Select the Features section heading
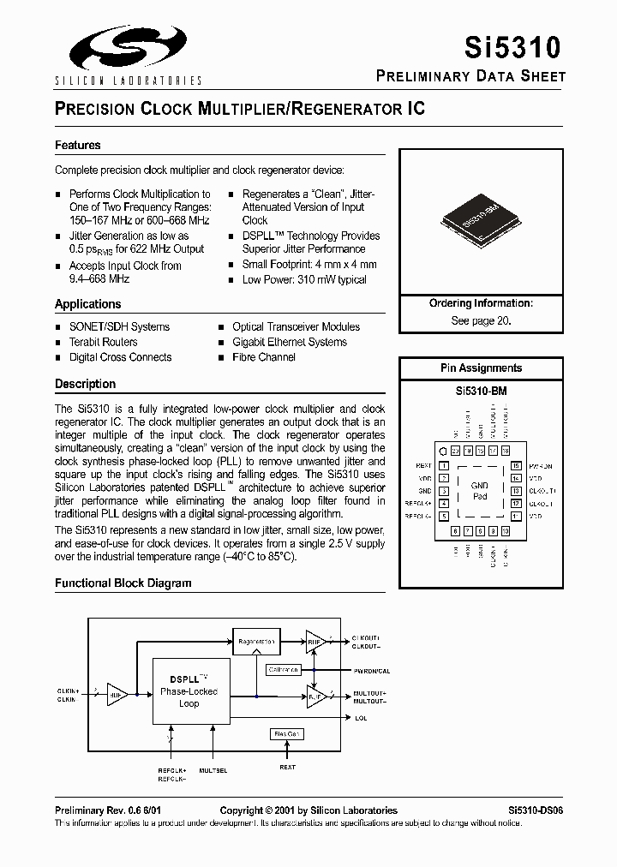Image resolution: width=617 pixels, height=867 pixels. (x=78, y=146)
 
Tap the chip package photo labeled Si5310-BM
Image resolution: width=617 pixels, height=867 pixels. (x=480, y=222)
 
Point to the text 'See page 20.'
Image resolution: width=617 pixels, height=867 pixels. (x=481, y=320)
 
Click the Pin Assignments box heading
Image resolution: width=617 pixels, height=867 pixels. (x=481, y=368)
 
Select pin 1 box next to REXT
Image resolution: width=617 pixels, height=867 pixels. (x=444, y=467)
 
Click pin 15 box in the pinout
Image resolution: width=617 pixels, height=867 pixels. (x=516, y=467)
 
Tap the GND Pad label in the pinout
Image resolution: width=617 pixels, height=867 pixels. (x=480, y=491)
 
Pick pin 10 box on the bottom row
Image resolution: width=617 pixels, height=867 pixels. (x=506, y=532)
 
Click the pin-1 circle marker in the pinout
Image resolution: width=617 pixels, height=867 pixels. (x=442, y=451)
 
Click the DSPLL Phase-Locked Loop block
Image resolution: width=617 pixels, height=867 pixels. (x=189, y=691)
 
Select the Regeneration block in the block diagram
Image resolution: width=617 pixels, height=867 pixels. (x=257, y=641)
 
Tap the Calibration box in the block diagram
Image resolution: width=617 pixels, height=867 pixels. (x=283, y=669)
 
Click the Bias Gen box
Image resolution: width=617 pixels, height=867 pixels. (x=285, y=733)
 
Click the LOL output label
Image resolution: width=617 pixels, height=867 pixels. (x=361, y=718)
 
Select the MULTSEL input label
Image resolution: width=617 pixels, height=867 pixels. (x=213, y=770)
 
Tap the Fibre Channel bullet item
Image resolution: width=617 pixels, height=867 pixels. (x=264, y=357)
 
